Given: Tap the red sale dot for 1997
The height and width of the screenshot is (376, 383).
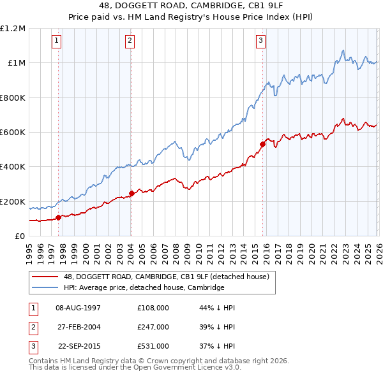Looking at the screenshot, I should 58,217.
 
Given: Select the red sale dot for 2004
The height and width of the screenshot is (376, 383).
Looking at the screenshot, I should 131,193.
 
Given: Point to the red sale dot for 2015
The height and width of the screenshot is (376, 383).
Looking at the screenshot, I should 262,144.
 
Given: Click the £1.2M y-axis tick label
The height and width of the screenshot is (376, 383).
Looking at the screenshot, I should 13,29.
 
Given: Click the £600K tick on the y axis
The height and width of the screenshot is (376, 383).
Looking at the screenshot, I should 13,133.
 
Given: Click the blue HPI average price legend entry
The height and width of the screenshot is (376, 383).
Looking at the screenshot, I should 144,287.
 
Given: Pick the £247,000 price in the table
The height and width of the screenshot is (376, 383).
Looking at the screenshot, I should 153,327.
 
